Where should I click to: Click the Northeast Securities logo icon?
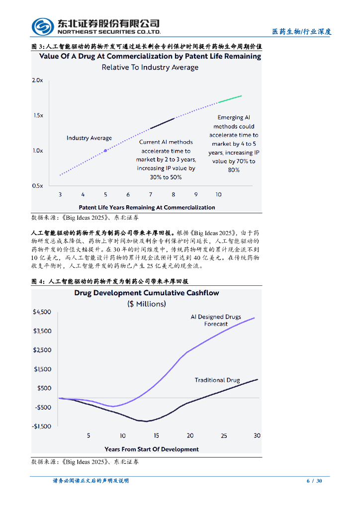(43, 27)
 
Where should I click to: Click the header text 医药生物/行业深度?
(301, 32)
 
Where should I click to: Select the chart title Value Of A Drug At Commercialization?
(150, 57)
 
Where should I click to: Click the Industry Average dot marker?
(105, 150)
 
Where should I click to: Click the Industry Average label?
(89, 138)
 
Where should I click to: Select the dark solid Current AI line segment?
(162, 124)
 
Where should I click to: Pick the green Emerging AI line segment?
(230, 99)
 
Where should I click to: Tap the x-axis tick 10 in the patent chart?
(219, 195)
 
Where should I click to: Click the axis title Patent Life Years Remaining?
(147, 207)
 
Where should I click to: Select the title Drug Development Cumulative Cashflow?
(147, 293)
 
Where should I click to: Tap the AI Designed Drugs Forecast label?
(216, 320)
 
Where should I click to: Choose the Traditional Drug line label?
(217, 380)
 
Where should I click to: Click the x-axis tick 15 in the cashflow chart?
(156, 436)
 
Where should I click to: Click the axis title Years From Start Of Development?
(152, 449)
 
